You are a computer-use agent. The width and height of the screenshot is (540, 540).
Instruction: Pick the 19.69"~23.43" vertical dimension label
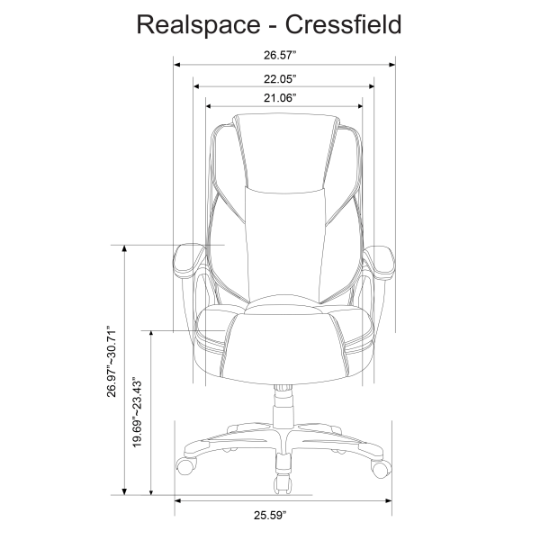click(138, 413)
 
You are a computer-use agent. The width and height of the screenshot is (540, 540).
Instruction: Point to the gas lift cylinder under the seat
click(283, 405)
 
